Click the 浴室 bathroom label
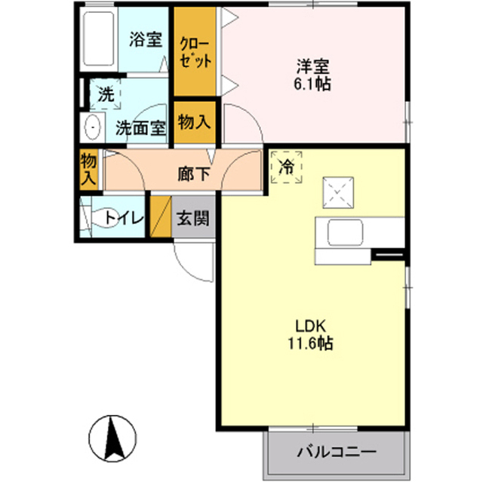(145, 38)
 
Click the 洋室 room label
(312, 65)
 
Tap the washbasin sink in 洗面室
(93, 127)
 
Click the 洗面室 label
(140, 128)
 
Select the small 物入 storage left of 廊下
(89, 169)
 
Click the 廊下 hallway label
(193, 173)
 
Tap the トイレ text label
(124, 219)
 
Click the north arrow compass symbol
(112, 438)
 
